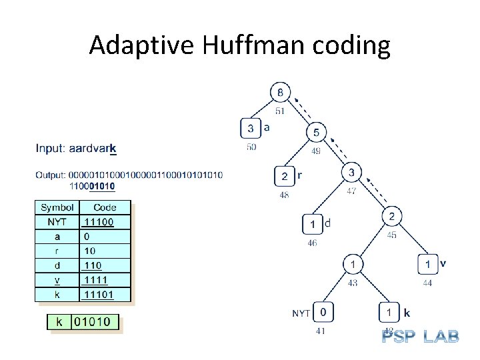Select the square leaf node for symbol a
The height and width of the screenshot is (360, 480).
click(x=251, y=128)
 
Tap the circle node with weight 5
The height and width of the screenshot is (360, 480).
click(x=316, y=133)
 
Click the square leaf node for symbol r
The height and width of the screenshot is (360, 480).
click(x=285, y=176)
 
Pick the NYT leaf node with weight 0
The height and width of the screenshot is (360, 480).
click(x=323, y=311)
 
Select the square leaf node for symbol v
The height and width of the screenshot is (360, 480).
click(x=427, y=265)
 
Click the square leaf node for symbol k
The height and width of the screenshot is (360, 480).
click(x=389, y=312)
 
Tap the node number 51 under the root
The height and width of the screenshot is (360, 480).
click(x=280, y=111)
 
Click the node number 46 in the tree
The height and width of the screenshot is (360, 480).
click(x=312, y=243)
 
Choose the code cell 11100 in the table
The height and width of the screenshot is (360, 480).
click(x=98, y=221)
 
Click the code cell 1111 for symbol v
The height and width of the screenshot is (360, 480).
click(x=96, y=279)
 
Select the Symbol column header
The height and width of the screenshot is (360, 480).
click(x=57, y=207)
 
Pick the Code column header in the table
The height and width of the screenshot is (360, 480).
click(x=105, y=207)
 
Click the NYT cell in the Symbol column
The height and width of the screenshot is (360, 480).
click(x=57, y=221)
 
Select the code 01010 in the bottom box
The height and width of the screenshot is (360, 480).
click(x=95, y=323)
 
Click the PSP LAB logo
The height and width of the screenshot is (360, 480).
click(x=420, y=336)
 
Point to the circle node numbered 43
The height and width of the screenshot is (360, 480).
click(x=353, y=265)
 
